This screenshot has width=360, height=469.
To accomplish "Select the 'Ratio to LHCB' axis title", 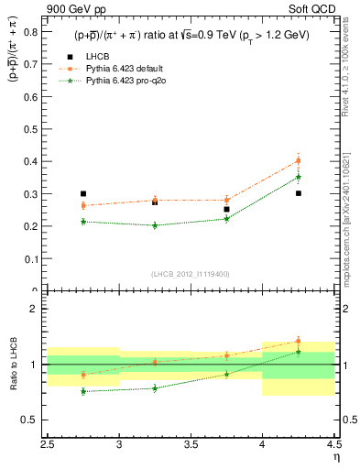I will point(14,365).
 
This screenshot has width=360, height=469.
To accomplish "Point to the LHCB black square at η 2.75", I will point(83,194).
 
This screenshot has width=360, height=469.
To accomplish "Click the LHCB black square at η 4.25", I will point(299,193).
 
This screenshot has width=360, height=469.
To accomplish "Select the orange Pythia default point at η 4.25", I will point(299,161).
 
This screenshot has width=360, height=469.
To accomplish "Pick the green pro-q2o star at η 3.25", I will point(155,225).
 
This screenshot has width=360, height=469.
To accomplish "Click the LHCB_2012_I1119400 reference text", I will point(191,274).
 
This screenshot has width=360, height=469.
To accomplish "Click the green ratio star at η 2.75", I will point(83,391).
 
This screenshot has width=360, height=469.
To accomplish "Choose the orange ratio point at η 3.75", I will point(226,355).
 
